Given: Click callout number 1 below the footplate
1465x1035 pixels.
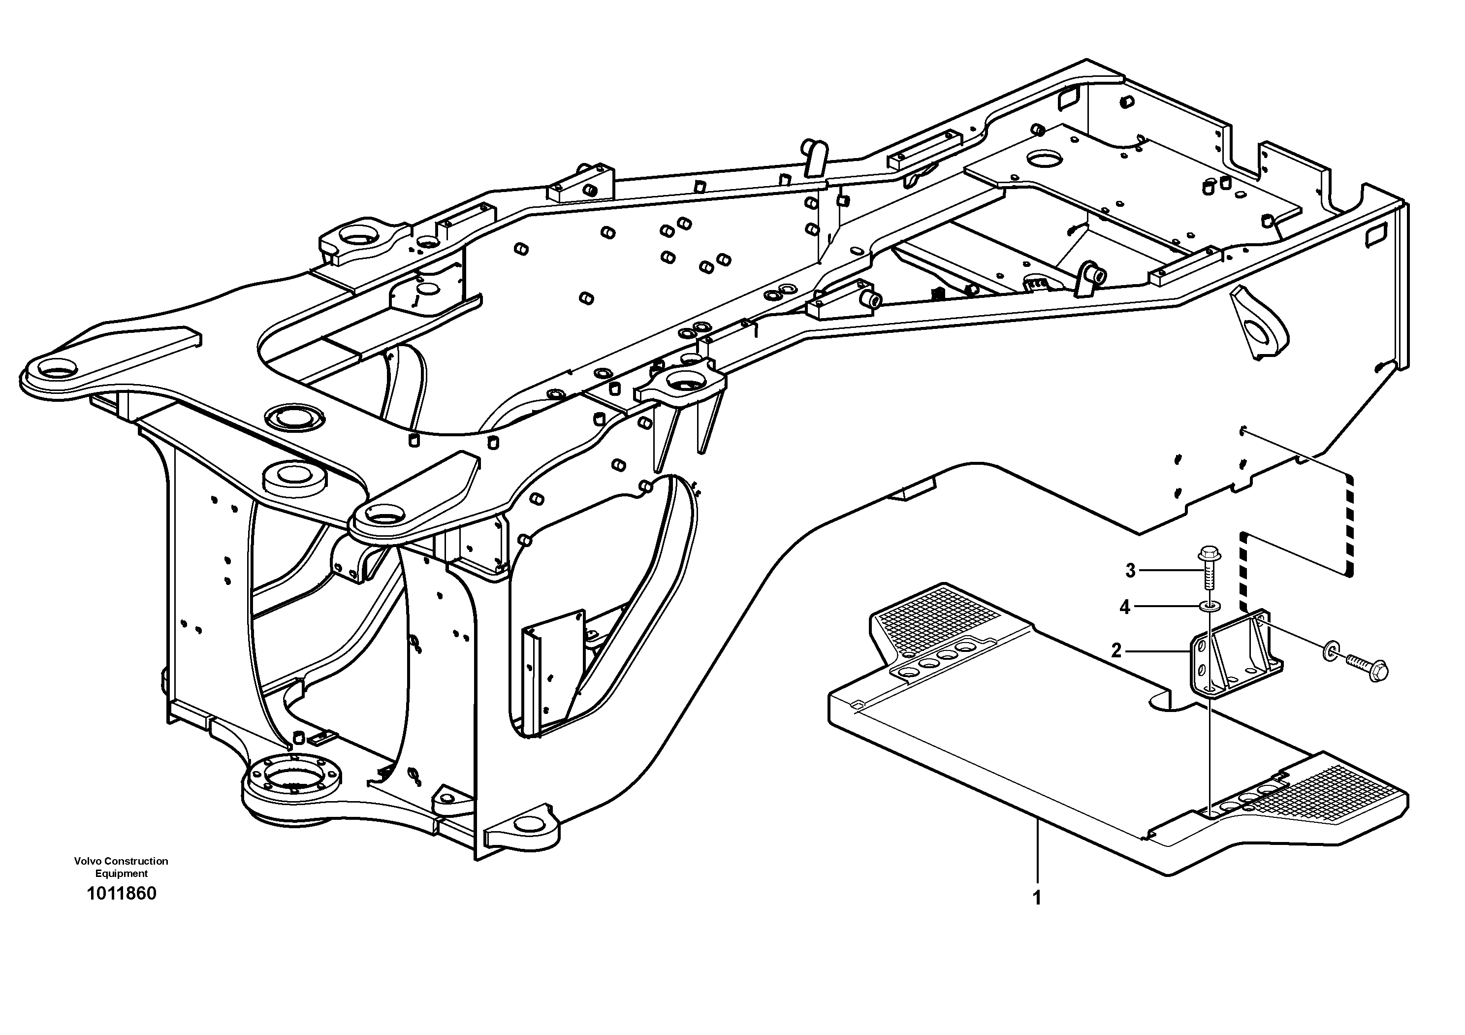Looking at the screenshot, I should tap(1037, 898).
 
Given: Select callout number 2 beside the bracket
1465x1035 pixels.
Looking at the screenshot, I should tap(1116, 650).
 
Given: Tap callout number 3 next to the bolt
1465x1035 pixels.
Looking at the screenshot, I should tap(1130, 571).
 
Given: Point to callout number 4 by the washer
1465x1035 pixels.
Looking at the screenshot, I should tap(1125, 608).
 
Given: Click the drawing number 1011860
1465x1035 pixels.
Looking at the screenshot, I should tap(121, 893).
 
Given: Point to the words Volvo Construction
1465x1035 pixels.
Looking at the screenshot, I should tap(121, 861).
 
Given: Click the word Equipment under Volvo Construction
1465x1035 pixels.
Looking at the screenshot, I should tap(121, 873).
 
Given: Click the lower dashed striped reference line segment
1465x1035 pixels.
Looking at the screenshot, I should tap(1242, 574).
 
